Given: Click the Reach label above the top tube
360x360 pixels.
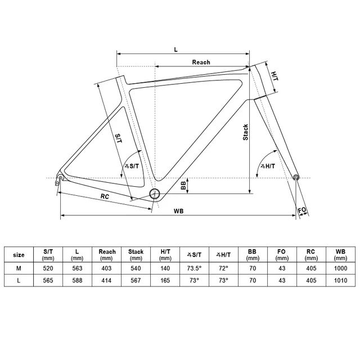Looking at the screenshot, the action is (201, 62).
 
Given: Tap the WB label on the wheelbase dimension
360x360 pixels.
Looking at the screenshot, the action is (178, 211).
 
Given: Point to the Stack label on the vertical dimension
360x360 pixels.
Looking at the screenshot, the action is (245, 132).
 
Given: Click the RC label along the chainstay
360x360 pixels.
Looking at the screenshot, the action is (105, 196).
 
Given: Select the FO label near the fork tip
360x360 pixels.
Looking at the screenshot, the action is (302, 210).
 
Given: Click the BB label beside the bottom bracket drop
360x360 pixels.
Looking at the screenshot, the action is (183, 186).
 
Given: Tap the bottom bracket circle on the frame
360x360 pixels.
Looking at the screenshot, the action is (155, 194).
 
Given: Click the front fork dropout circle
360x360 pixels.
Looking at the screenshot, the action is (296, 177).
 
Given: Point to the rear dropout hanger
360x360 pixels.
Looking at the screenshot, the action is (59, 179).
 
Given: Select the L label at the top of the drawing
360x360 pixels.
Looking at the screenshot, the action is (175, 49).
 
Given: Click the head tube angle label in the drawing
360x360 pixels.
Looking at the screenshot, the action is (268, 166).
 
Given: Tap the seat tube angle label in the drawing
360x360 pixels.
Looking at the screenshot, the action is (132, 166).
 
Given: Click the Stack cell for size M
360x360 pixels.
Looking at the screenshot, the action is (136, 268).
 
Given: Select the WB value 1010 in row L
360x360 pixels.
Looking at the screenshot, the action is (340, 280).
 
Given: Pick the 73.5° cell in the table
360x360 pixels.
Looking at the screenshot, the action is (194, 268).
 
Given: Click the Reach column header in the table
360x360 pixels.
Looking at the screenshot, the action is (107, 255).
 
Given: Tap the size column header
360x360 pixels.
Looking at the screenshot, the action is (19, 255).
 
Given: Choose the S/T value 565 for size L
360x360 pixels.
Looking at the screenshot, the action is (48, 280).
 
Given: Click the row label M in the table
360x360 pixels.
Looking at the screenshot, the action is (19, 268).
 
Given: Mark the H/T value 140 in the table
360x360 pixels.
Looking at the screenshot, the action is (165, 268).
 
